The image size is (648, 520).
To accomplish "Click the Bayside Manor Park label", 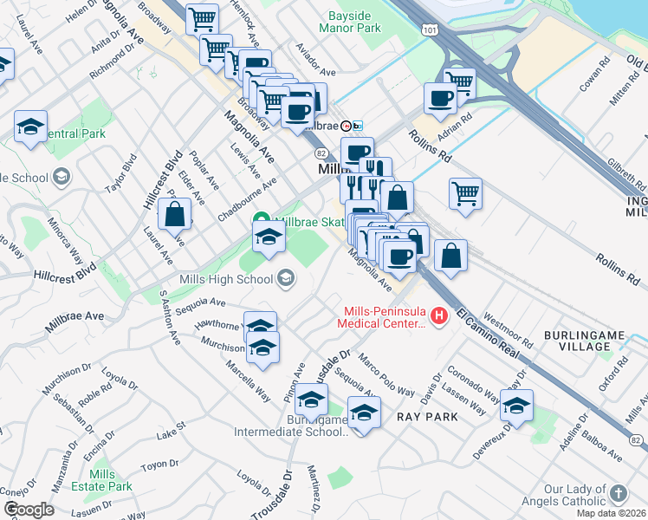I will pyautogui.click(x=355, y=23).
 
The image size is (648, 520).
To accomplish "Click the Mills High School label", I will pyautogui.click(x=228, y=279).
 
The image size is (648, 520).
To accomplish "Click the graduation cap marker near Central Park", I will pyautogui.click(x=31, y=128).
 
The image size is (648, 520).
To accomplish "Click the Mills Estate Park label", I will pyautogui.click(x=103, y=480).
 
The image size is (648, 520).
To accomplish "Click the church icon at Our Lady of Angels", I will pyautogui.click(x=618, y=494).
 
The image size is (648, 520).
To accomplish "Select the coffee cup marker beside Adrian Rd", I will pyautogui.click(x=440, y=100).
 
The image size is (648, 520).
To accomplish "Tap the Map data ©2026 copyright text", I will pyautogui.click(x=612, y=513).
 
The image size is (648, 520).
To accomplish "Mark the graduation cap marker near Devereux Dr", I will pyautogui.click(x=516, y=406).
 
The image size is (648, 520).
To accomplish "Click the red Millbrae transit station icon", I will pyautogui.click(x=345, y=125).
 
